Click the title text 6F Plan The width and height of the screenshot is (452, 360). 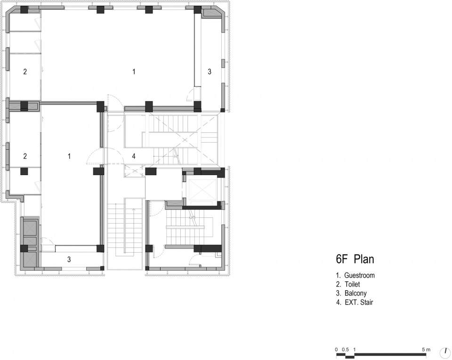[x=355, y=259]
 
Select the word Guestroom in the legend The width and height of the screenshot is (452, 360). [x=359, y=275]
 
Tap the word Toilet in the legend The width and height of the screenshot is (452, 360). [x=352, y=284]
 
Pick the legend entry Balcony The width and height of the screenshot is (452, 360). [x=356, y=293]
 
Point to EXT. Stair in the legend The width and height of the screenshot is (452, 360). [x=359, y=303]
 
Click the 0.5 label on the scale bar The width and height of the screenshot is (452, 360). [x=345, y=350]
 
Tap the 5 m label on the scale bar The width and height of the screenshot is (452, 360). [x=426, y=350]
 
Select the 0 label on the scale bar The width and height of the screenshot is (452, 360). [x=336, y=350]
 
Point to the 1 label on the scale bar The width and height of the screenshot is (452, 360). [x=355, y=350]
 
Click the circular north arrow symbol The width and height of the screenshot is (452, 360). [x=445, y=352]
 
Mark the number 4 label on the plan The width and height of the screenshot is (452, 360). [x=134, y=156]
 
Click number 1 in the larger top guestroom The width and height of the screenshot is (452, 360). [x=134, y=72]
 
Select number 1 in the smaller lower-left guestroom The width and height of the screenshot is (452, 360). [x=69, y=156]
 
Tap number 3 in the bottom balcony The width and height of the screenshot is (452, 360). [x=69, y=259]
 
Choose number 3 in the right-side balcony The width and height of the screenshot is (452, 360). [x=210, y=72]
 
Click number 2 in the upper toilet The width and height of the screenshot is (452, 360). [x=25, y=72]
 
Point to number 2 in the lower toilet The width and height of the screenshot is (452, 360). [x=25, y=156]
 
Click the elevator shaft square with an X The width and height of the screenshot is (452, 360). [x=201, y=190]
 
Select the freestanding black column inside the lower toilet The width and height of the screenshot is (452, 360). [x=24, y=171]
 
